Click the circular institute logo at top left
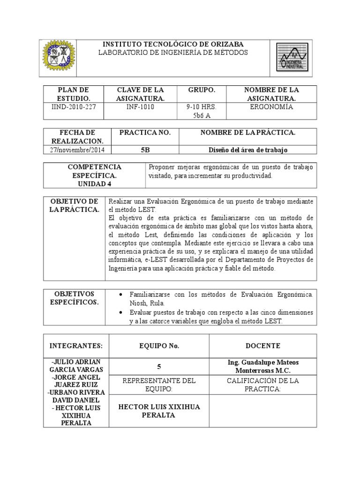tap(59, 58)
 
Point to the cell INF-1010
tap(140, 107)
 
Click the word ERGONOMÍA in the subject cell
tap(272, 107)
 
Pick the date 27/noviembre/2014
tap(77, 150)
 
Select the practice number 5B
tap(145, 150)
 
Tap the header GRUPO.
tap(202, 90)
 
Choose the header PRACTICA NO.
tap(145, 133)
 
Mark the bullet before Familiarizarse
tap(122, 294)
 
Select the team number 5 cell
tap(159, 367)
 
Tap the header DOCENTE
tap(263, 346)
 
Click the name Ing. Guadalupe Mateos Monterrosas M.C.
tap(263, 366)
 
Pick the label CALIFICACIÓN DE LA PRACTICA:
tap(263, 385)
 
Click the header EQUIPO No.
tap(159, 346)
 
